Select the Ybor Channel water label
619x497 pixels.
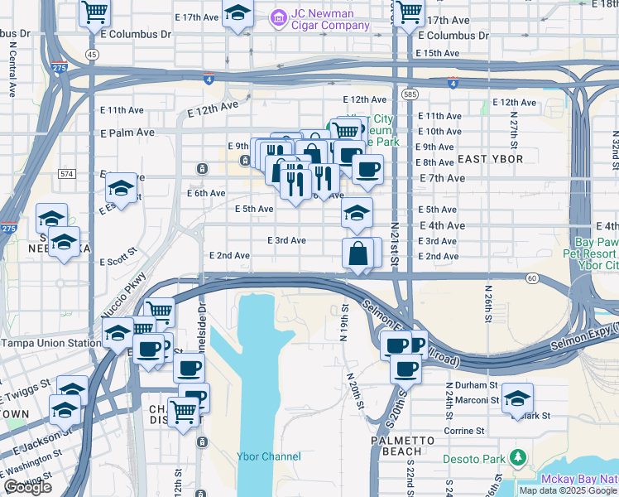coord(269,456)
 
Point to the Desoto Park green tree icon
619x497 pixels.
coord(519,456)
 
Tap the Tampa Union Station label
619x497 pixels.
coord(50,343)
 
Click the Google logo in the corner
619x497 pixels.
coord(28,488)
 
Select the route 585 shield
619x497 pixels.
coord(411,95)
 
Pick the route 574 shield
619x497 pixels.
coord(67,174)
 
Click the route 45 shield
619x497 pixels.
coord(92,54)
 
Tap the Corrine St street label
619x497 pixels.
coord(464,431)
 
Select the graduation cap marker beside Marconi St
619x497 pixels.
coord(517,398)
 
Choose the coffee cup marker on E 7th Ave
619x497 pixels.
coord(367,170)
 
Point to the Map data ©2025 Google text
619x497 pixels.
coord(568,490)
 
